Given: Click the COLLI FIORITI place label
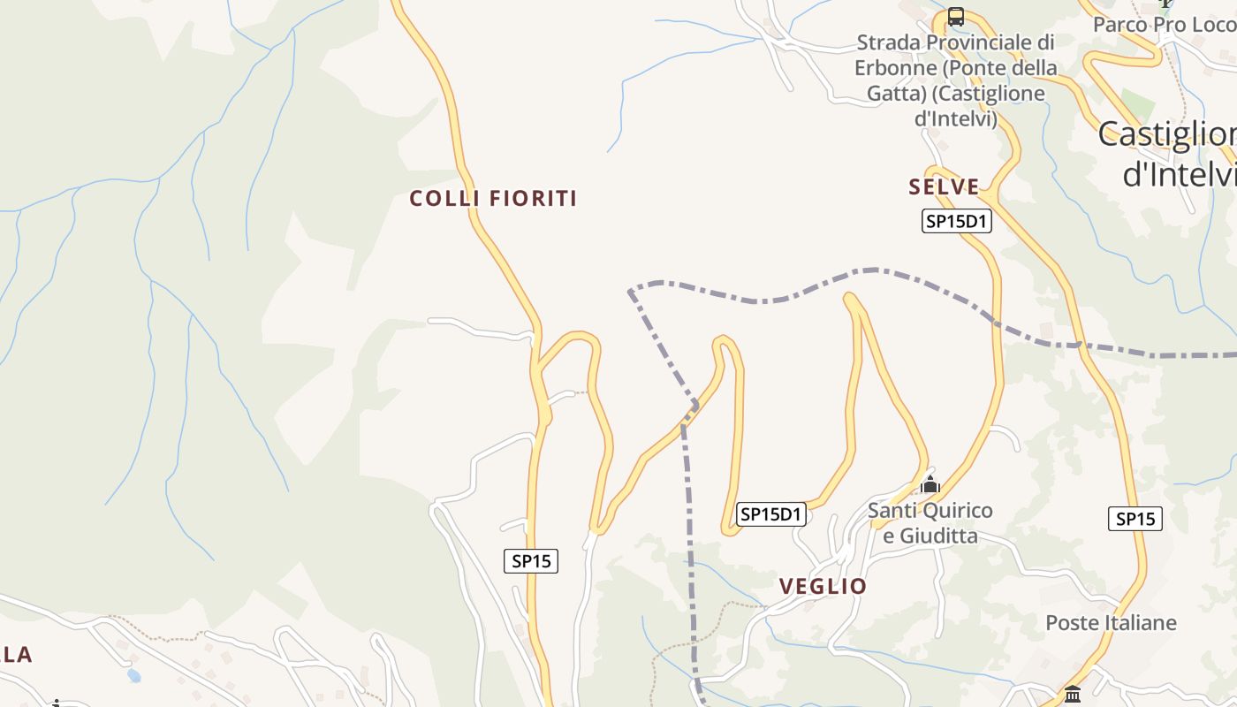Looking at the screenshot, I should pyautogui.click(x=493, y=199).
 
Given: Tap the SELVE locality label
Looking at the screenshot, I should pyautogui.click(x=944, y=187).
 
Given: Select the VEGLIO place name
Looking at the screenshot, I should pyautogui.click(x=823, y=587).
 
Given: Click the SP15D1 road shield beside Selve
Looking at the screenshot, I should pyautogui.click(x=956, y=221).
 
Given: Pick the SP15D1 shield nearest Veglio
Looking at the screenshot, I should pyautogui.click(x=771, y=513).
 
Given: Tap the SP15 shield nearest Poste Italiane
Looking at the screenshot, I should pyautogui.click(x=1135, y=519).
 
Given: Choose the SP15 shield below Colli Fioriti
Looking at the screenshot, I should pyautogui.click(x=531, y=560).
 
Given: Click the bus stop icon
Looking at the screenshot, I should pyautogui.click(x=955, y=17).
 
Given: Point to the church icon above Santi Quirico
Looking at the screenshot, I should pyautogui.click(x=930, y=484).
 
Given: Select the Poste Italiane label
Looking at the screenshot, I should pyautogui.click(x=1111, y=623).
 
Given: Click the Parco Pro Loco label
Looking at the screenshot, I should pyautogui.click(x=1163, y=25).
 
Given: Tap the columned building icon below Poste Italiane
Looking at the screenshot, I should pyautogui.click(x=1073, y=695).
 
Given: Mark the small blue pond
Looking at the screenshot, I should pyautogui.click(x=133, y=676).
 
